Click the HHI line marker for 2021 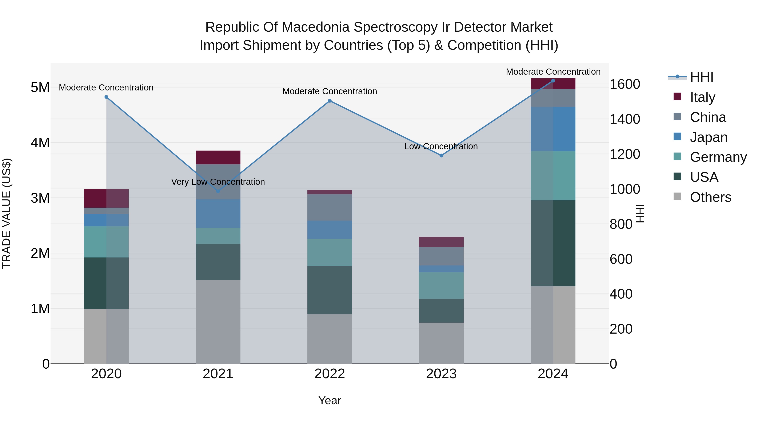pos(218,191)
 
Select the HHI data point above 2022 pos(330,101)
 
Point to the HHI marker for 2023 pos(441,155)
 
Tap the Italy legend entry pos(702,97)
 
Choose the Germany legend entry pos(718,157)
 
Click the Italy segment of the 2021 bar pos(218,157)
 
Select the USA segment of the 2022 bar pos(330,290)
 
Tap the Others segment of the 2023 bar pos(441,343)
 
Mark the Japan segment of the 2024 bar pos(553,129)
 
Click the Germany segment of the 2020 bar pos(106,242)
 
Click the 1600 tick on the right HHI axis pos(625,84)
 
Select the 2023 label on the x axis pos(441,374)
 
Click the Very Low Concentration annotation pos(218,182)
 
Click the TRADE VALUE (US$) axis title pos(7,213)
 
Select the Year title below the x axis pos(330,400)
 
